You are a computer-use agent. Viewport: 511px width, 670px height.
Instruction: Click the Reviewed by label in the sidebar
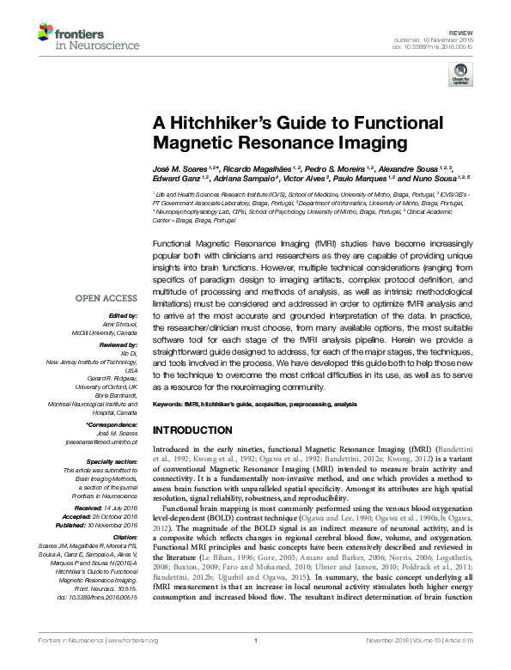point(119,344)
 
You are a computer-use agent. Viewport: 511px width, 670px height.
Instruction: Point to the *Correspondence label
point(113,425)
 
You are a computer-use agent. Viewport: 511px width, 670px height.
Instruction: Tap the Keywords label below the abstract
point(171,403)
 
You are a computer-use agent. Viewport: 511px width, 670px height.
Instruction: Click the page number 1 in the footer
point(255,662)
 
